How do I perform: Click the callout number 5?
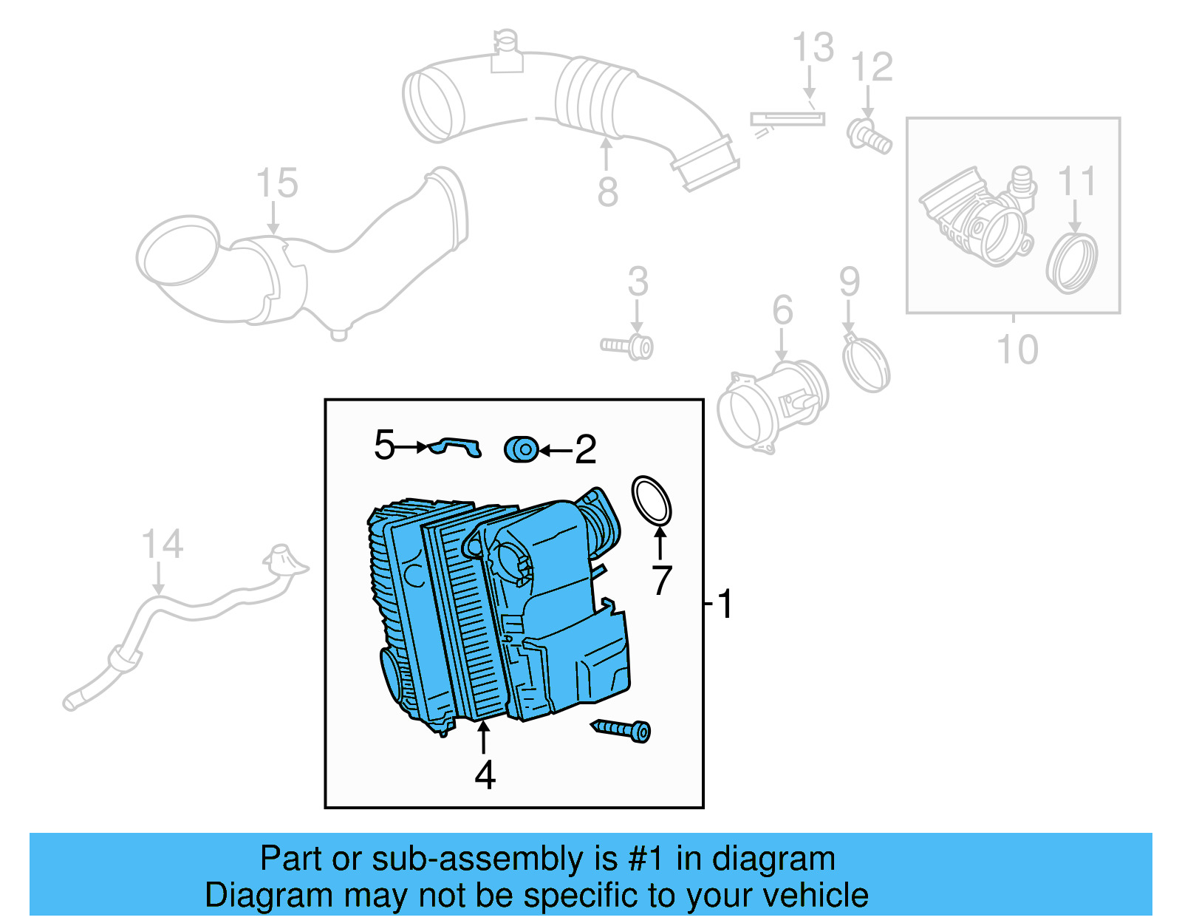[384, 445]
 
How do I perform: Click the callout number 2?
[585, 449]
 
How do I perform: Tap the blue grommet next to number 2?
[522, 449]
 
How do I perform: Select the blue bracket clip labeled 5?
[457, 446]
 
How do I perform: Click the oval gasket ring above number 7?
[652, 500]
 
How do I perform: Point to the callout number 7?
[661, 580]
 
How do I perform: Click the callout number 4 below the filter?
[485, 775]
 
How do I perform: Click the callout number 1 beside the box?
[725, 604]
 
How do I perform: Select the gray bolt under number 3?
[628, 346]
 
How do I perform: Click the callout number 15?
[277, 183]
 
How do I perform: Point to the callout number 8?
[607, 192]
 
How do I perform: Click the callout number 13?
[813, 48]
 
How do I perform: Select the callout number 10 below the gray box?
[1017, 349]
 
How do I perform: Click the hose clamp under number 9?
[866, 364]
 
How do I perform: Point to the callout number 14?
[162, 545]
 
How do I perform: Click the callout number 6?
[782, 310]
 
